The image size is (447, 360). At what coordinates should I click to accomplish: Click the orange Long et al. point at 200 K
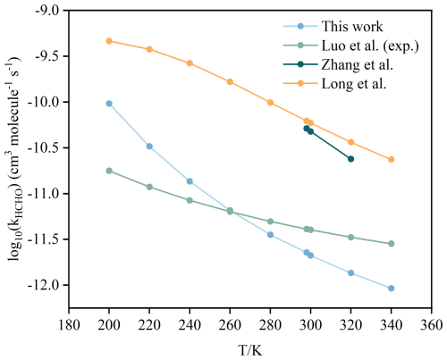pyautogui.click(x=109, y=41)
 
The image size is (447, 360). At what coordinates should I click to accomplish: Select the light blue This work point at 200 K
pyautogui.click(x=109, y=104)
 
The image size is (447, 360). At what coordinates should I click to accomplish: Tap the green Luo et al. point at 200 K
pyautogui.click(x=109, y=171)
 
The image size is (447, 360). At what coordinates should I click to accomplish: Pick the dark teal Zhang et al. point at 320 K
pyautogui.click(x=350, y=159)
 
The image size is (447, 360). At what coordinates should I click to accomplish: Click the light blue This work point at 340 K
pyautogui.click(x=392, y=289)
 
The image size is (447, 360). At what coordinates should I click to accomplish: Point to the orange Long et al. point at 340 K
pyautogui.click(x=392, y=160)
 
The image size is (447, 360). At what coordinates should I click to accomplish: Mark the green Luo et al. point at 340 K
pyautogui.click(x=392, y=244)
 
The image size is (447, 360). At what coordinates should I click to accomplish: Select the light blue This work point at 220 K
pyautogui.click(x=149, y=147)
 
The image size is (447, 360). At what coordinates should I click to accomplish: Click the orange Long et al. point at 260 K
pyautogui.click(x=230, y=82)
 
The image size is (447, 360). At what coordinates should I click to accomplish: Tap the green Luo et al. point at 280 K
pyautogui.click(x=270, y=222)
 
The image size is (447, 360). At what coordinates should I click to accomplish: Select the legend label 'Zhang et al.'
pyautogui.click(x=357, y=64)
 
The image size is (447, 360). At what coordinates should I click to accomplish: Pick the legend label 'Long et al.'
pyautogui.click(x=354, y=84)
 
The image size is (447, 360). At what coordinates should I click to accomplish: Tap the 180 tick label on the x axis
pyautogui.click(x=69, y=325)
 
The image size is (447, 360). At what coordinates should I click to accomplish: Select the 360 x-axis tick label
pyautogui.click(x=432, y=325)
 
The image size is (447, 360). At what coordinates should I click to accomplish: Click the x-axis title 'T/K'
pyautogui.click(x=250, y=350)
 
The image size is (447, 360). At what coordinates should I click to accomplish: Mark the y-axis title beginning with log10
pyautogui.click(x=14, y=159)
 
